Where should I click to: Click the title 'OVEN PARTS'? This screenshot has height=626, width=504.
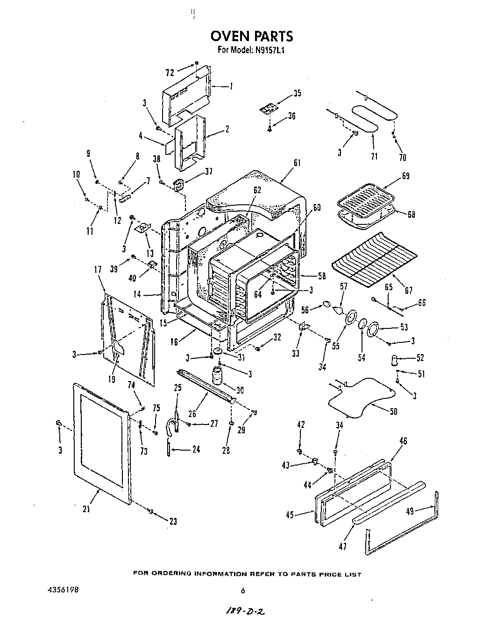tap(252, 36)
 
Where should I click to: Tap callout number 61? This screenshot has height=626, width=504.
tap(297, 163)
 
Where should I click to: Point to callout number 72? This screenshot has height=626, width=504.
tap(170, 72)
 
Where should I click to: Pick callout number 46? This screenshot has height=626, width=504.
tap(404, 441)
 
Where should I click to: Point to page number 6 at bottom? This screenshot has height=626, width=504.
tap(242, 591)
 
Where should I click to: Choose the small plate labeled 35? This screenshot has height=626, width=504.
tap(268, 109)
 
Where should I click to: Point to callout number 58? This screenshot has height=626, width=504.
tap(321, 276)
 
